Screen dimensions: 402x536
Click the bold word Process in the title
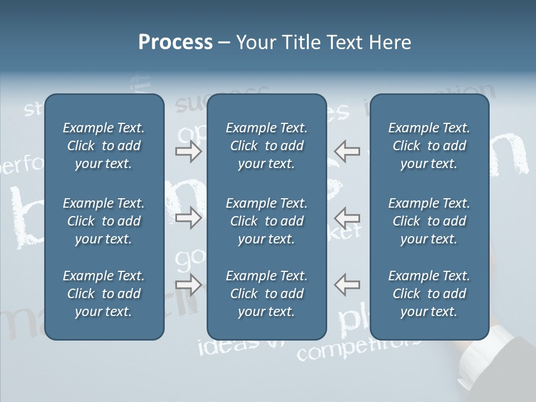(175, 42)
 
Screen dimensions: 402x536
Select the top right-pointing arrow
(188, 151)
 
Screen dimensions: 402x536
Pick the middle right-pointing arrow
(188, 218)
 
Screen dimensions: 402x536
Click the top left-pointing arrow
(347, 151)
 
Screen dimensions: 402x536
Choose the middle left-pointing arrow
(347, 218)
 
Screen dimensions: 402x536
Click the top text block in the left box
(104, 146)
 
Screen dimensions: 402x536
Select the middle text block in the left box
(104, 221)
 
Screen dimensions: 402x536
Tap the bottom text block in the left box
(104, 294)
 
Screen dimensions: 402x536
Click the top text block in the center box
(266, 146)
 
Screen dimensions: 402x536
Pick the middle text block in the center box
(266, 221)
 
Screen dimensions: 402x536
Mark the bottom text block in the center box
(266, 294)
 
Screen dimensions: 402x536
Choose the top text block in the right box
(429, 146)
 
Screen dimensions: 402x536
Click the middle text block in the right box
(429, 221)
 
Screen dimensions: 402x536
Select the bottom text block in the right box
(429, 294)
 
